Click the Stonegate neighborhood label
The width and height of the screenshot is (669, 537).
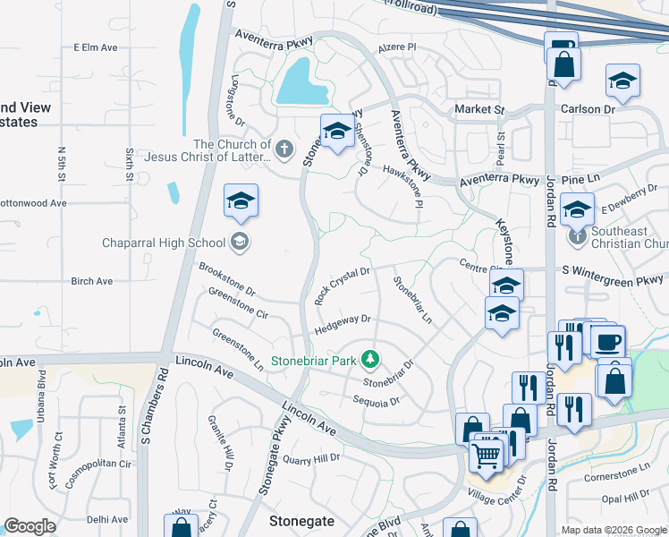click(302, 520)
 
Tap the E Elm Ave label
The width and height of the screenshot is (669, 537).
click(96, 47)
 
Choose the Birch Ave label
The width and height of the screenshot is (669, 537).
click(91, 281)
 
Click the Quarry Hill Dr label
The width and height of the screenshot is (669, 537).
click(311, 459)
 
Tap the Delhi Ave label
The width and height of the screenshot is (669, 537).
click(107, 519)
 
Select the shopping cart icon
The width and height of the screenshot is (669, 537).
click(486, 456)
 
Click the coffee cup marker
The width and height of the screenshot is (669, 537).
click(608, 342)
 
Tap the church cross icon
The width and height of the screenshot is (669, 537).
click(284, 149)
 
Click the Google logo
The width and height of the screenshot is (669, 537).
click(30, 527)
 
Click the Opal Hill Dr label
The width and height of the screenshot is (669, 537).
click(625, 496)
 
